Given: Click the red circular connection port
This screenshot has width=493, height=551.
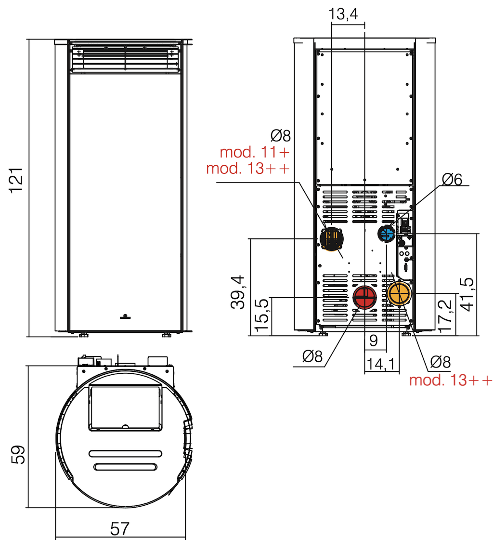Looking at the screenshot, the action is [x=364, y=297].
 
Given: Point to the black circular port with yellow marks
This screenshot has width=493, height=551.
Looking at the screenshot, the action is [x=332, y=239].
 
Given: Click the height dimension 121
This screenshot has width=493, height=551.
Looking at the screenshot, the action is [x=16, y=180].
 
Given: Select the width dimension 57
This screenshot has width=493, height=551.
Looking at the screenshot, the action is [x=120, y=528].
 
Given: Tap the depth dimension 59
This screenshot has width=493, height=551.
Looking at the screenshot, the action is [x=18, y=454].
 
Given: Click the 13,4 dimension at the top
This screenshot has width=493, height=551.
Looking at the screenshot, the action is [x=343, y=14].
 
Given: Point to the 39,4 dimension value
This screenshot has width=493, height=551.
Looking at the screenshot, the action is [x=238, y=292].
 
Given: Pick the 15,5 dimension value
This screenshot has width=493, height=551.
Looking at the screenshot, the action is [x=262, y=315].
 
